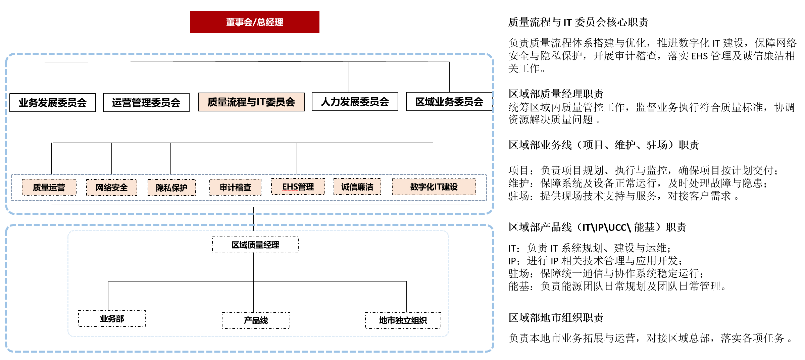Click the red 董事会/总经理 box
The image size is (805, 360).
[x=255, y=22]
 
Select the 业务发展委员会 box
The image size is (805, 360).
[x=53, y=103]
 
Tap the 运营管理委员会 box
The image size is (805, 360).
[x=146, y=103]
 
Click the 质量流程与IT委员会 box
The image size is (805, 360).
[x=251, y=102]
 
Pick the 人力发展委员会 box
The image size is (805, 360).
[x=355, y=102]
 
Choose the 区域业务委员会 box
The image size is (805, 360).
[x=449, y=102]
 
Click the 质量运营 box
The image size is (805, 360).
[x=49, y=187]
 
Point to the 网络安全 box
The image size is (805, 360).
[x=112, y=187]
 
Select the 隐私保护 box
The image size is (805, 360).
[x=172, y=188]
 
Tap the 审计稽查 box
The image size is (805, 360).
[x=235, y=187]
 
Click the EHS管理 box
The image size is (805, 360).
[x=298, y=187]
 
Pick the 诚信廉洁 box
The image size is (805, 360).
[x=357, y=187]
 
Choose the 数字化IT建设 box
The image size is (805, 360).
[x=434, y=187]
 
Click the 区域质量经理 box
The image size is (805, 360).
[x=255, y=245]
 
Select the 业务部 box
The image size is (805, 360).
[x=112, y=318]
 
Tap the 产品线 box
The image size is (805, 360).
[x=256, y=320]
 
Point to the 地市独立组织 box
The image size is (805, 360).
[x=403, y=320]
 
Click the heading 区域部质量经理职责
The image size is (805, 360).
[x=556, y=94]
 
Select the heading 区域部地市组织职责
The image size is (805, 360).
[x=556, y=317]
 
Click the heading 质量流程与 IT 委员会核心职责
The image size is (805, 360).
[x=578, y=22]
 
